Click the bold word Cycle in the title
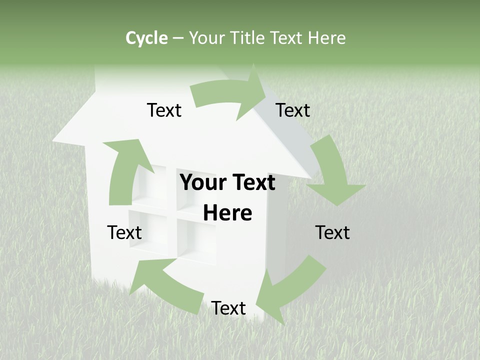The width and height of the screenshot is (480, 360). (x=146, y=38)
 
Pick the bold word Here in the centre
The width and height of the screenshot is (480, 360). (x=227, y=213)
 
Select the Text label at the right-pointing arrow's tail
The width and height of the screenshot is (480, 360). (x=164, y=110)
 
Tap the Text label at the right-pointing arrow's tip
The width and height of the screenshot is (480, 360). (x=293, y=110)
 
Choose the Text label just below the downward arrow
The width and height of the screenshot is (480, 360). (x=332, y=232)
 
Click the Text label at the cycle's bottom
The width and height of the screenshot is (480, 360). (x=228, y=308)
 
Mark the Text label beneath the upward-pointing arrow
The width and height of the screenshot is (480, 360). (x=124, y=232)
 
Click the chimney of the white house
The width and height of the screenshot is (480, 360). (x=112, y=80)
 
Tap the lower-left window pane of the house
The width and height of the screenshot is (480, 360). (x=147, y=230)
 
